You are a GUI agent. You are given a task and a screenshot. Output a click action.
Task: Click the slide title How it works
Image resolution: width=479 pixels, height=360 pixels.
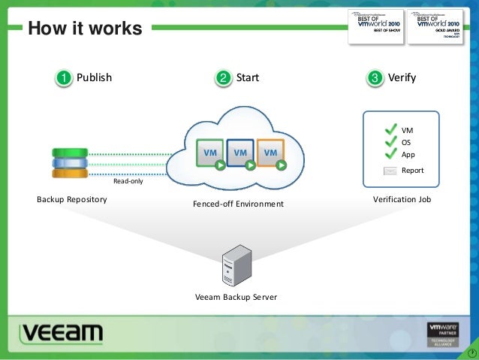pyautogui.click(x=84, y=29)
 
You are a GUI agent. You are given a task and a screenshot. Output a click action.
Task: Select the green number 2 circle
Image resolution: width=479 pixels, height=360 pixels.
pyautogui.click(x=223, y=78)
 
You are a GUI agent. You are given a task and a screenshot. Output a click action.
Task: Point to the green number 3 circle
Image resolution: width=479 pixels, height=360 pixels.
pyautogui.click(x=375, y=78)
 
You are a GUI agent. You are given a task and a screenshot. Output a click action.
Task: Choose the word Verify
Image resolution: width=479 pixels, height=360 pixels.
pyautogui.click(x=402, y=77)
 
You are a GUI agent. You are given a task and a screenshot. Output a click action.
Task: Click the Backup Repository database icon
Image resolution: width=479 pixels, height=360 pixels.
pyautogui.click(x=70, y=162)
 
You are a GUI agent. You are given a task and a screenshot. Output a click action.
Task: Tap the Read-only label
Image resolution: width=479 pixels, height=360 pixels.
pyautogui.click(x=128, y=181)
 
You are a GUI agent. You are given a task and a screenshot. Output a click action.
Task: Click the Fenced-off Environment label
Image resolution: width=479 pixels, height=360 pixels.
pyautogui.click(x=238, y=204)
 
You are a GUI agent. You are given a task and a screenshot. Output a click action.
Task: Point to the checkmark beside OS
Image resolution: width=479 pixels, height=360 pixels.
pyautogui.click(x=390, y=142)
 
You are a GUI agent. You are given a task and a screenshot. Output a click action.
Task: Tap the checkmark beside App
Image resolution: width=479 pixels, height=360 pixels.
pyautogui.click(x=390, y=155)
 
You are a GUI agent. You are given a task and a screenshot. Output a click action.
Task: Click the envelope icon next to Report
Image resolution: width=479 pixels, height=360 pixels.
pyautogui.click(x=390, y=171)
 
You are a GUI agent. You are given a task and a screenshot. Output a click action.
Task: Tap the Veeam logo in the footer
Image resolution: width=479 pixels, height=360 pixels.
pyautogui.click(x=62, y=334)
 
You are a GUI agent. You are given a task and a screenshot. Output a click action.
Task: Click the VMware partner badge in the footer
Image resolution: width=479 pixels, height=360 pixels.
pyautogui.click(x=442, y=334)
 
